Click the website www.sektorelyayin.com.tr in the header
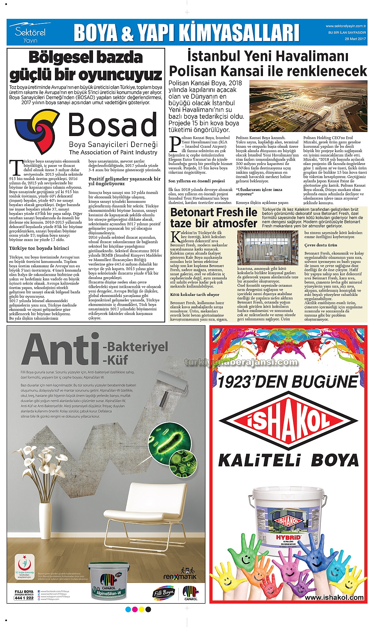[346, 26]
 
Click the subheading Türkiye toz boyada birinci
[39, 248]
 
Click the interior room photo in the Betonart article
[267, 247]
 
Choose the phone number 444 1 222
[24, 598]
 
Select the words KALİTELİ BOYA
[288, 460]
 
